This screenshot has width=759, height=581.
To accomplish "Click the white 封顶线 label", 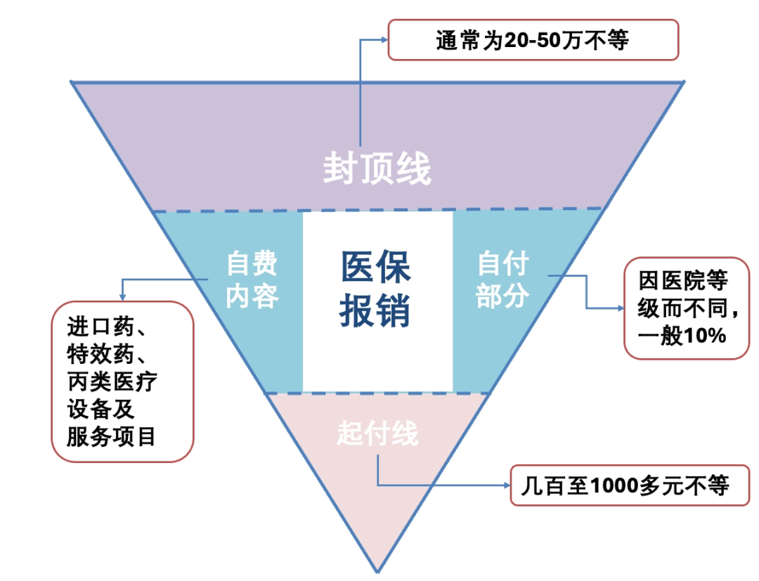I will pos(377,169).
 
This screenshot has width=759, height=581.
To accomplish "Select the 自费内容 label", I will pos(252,280).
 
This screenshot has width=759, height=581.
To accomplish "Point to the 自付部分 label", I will pos(502,280).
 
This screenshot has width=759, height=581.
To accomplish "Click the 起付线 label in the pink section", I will pos(377,433).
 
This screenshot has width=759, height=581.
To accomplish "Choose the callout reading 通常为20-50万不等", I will pos(533,40).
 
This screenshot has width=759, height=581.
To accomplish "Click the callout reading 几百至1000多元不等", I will pos(629,485).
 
